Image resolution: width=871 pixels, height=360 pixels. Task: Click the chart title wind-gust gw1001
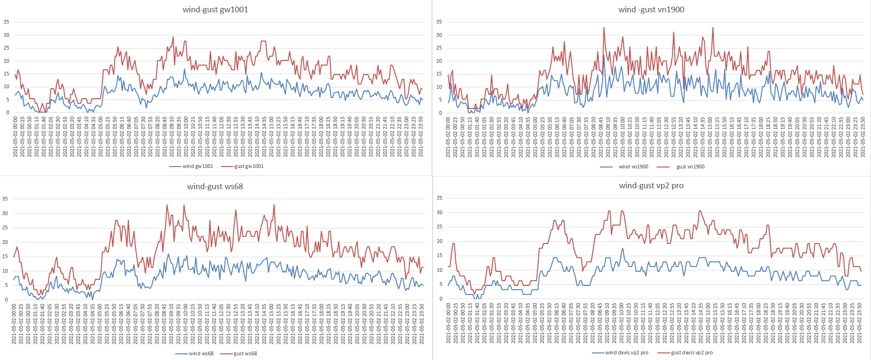pyautogui.click(x=215, y=9)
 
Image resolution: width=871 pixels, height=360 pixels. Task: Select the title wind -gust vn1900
pyautogui.click(x=651, y=9)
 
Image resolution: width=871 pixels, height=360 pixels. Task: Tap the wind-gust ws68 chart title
pyautogui.click(x=215, y=186)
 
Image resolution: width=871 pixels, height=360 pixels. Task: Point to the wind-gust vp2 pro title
pyautogui.click(x=651, y=185)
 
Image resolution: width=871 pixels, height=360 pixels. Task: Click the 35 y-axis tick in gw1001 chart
pyautogui.click(x=7, y=22)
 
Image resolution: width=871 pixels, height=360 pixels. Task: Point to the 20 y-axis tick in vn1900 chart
pyautogui.click(x=439, y=61)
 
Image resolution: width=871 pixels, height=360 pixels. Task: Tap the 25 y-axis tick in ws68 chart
pyautogui.click(x=5, y=227)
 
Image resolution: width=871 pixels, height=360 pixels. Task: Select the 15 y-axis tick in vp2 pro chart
pyautogui.click(x=440, y=255)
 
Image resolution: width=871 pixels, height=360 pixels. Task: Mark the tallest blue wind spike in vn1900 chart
pyautogui.click(x=603, y=56)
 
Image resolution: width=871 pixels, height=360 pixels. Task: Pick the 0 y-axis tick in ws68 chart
pyautogui.click(x=7, y=300)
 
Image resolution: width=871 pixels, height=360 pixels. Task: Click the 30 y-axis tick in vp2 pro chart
pyautogui.click(x=440, y=212)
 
